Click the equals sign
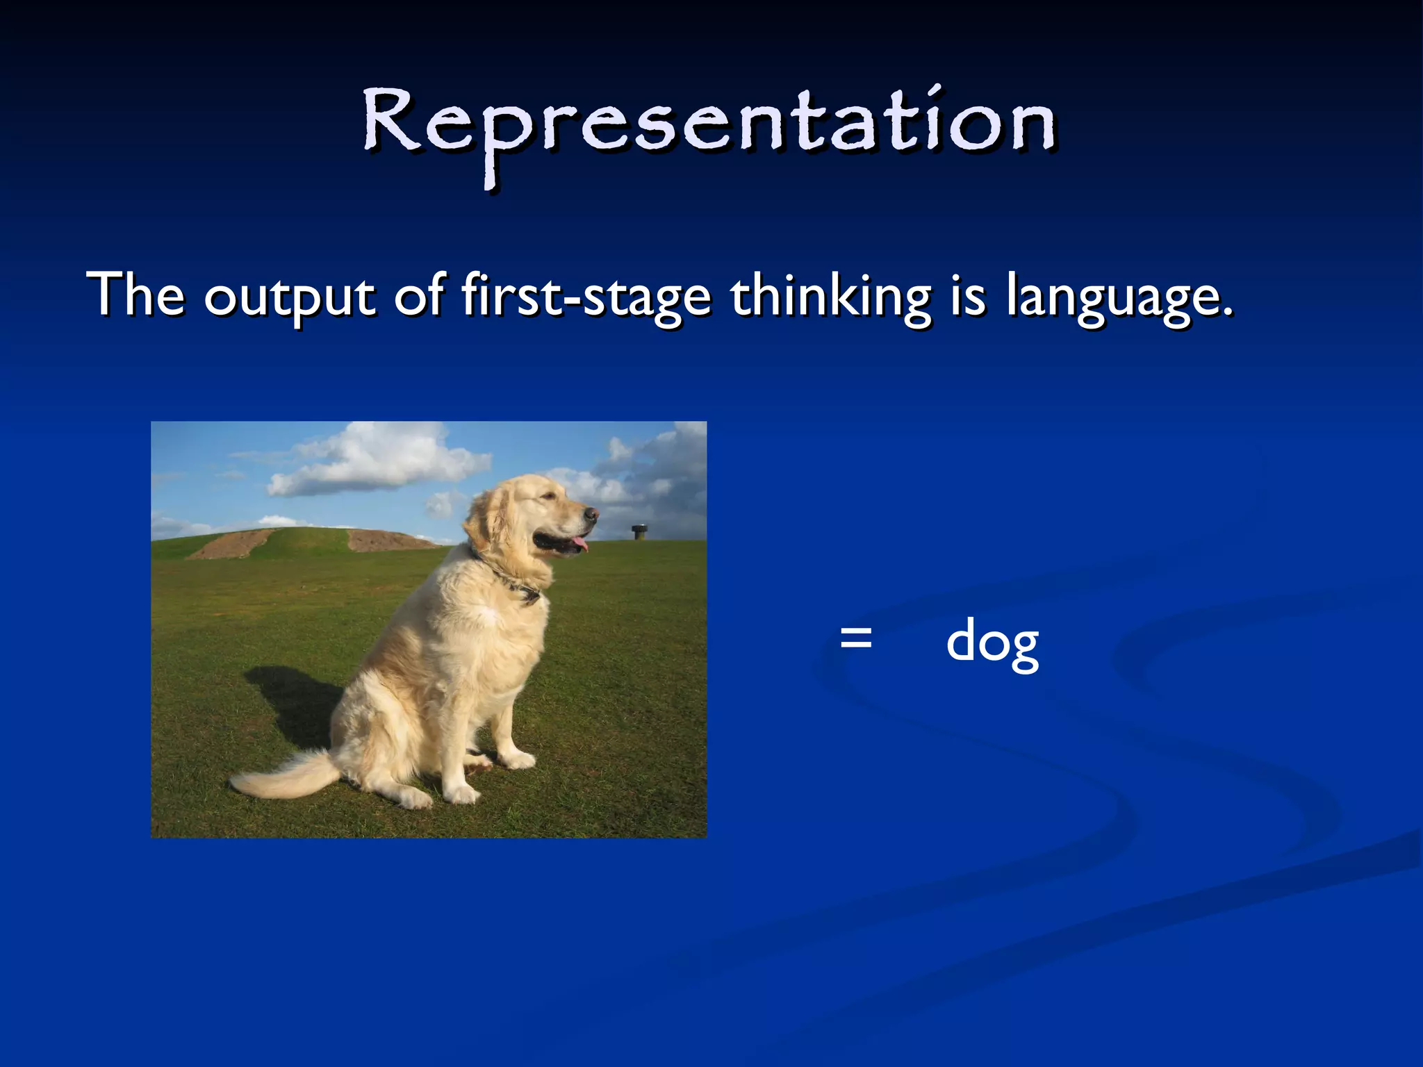coord(855,638)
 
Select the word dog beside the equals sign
coord(992,643)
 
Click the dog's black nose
coord(591,514)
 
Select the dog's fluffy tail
coord(285,778)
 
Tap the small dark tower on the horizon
coord(638,532)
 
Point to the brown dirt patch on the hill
coord(229,545)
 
